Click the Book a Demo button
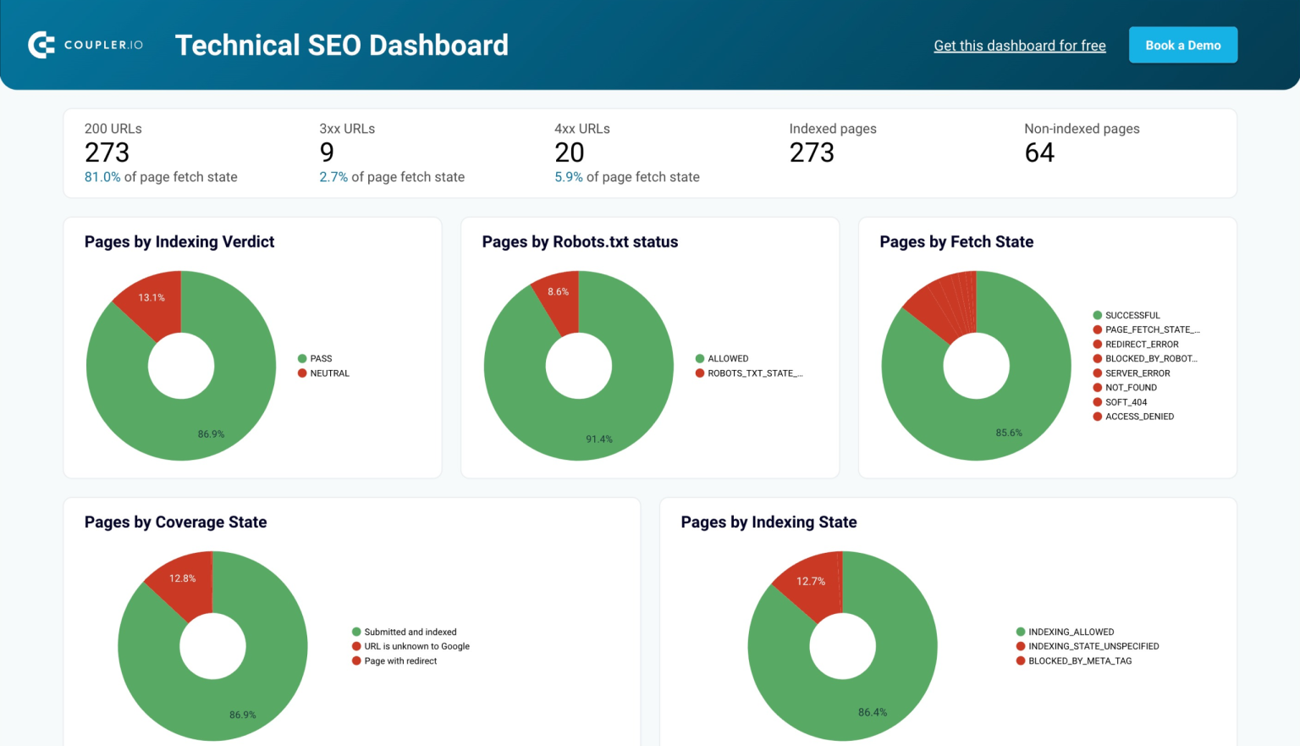[x=1182, y=46]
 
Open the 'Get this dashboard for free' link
[x=1019, y=46]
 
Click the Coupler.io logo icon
[x=41, y=45]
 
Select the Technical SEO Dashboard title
[x=341, y=45]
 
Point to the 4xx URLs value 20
[x=569, y=152]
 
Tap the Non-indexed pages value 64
[x=1038, y=152]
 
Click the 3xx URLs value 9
[x=327, y=152]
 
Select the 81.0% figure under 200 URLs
[x=102, y=177]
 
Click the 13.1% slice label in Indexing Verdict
[x=151, y=298]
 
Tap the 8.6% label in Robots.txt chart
[x=558, y=292]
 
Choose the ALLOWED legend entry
[x=727, y=359]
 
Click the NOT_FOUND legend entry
[x=1130, y=388]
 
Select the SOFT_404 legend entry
[x=1126, y=402]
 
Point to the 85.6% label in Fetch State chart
[x=1008, y=433]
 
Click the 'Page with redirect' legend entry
[x=400, y=661]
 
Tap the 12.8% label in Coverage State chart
[x=182, y=578]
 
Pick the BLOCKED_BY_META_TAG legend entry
[x=1079, y=661]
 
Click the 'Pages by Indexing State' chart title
[x=768, y=522]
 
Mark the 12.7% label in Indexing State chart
[x=810, y=581]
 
